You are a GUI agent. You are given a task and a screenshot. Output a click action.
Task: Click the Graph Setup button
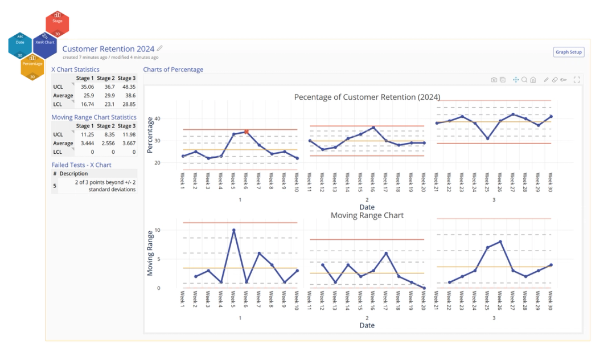tap(569, 52)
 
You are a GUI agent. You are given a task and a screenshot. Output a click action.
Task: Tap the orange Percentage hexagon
tap(32, 66)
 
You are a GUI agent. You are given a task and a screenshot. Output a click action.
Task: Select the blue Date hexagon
tap(20, 44)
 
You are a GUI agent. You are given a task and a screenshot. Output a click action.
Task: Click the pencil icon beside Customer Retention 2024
tap(160, 48)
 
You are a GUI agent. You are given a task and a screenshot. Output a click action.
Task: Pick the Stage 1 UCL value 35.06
tap(87, 87)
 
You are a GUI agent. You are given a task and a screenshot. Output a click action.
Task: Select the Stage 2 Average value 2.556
tap(107, 144)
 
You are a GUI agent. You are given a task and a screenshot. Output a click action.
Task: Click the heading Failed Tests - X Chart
tap(81, 165)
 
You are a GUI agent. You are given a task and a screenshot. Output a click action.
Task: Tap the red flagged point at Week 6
tap(247, 132)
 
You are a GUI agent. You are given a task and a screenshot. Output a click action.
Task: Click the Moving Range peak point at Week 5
tap(233, 230)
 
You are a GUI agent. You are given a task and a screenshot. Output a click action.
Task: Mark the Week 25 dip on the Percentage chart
tap(487, 138)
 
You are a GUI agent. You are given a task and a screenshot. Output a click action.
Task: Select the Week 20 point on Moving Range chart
tap(424, 288)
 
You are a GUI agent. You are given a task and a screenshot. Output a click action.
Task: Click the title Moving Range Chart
tap(367, 215)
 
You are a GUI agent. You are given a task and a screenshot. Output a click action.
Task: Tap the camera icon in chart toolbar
tap(494, 80)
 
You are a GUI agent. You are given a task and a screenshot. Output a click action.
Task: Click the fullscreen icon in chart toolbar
tap(577, 80)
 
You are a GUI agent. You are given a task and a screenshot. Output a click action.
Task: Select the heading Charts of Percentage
tap(173, 69)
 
